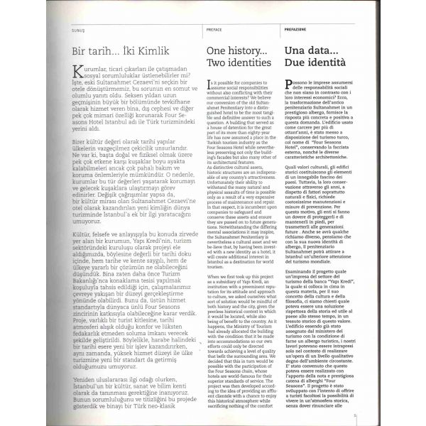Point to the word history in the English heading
click(235, 50)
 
